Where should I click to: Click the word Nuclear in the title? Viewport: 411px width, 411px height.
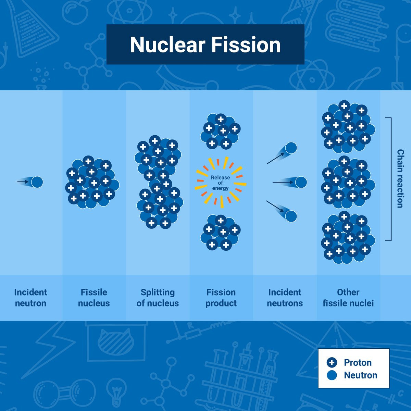coord(167,45)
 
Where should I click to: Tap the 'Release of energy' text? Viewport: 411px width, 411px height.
coord(220,183)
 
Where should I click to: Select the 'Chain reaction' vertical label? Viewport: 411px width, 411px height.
coord(400,178)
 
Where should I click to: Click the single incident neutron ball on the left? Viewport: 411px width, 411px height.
coord(37,182)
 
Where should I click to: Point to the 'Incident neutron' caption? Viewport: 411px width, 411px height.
coord(30,298)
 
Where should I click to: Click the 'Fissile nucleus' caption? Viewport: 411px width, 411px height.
coord(94,298)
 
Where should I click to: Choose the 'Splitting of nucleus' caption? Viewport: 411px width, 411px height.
coord(158,298)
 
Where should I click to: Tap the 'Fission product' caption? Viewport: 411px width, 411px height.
coord(221,298)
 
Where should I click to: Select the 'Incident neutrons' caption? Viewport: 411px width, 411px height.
coord(285,298)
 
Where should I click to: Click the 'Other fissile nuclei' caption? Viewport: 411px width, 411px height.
coord(348,298)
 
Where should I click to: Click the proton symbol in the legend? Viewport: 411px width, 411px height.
coord(332,363)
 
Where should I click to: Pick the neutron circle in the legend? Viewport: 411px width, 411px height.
coord(332,375)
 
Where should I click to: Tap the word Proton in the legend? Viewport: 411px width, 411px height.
coord(358,363)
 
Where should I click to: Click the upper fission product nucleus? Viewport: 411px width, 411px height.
coord(220,131)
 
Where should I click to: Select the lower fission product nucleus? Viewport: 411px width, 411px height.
coord(220,232)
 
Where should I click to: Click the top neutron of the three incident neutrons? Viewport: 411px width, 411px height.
coord(291,148)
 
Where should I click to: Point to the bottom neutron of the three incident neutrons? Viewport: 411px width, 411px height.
coord(291,216)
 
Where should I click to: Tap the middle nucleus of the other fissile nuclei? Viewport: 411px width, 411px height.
coord(348,182)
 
